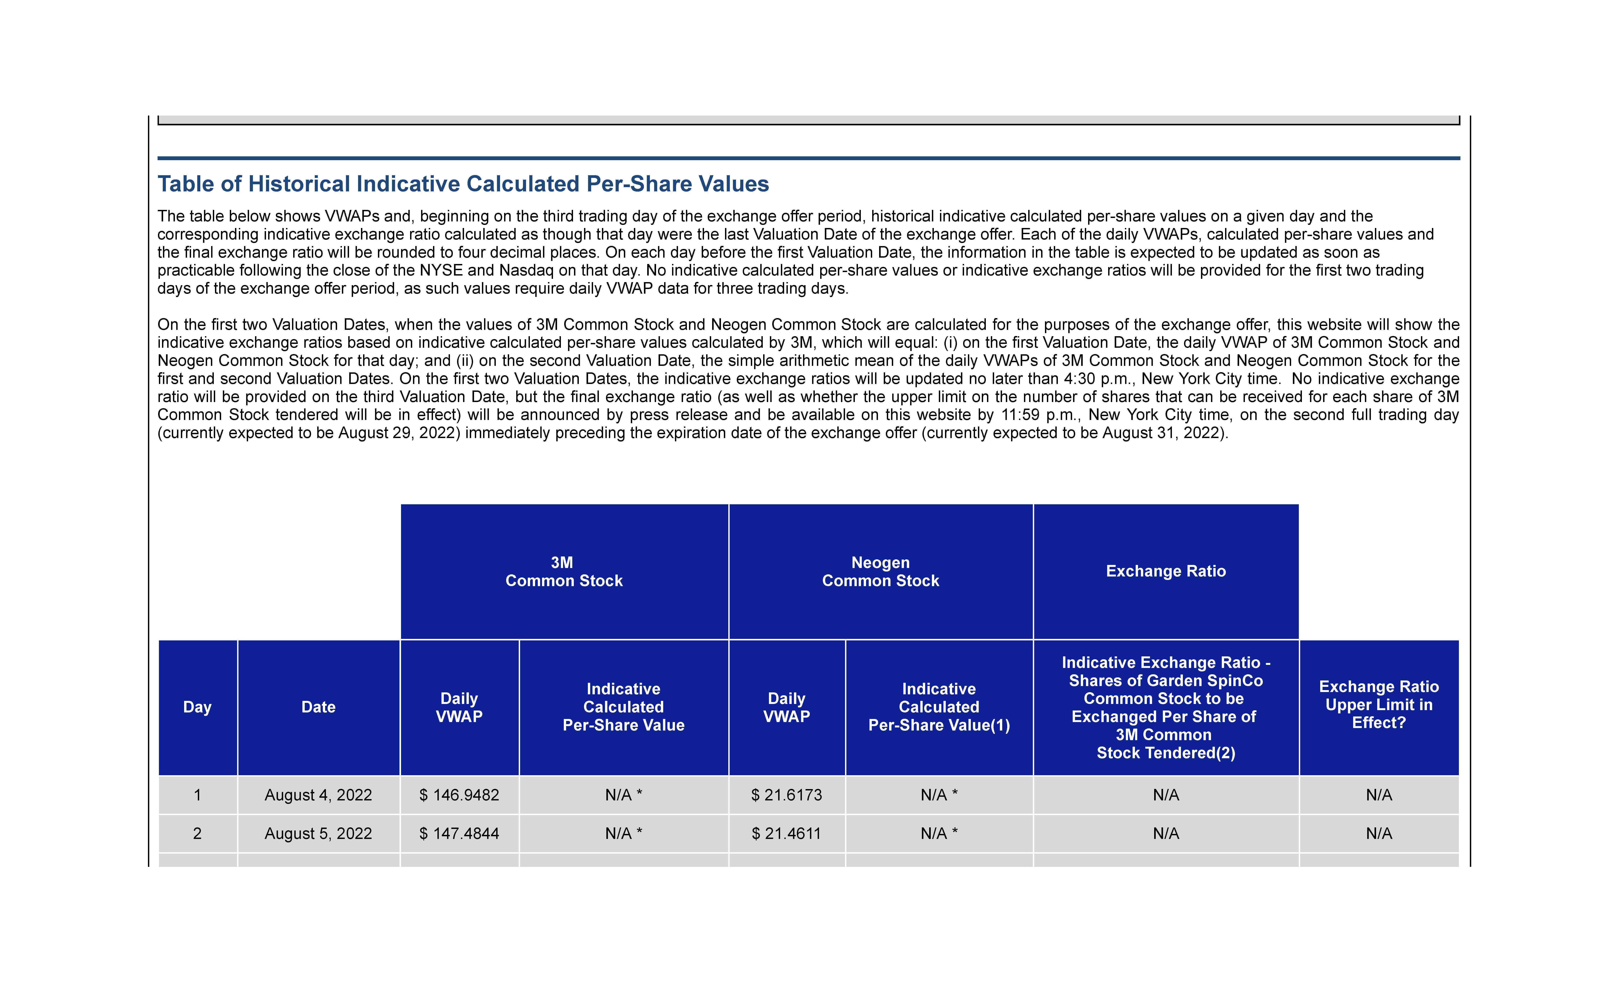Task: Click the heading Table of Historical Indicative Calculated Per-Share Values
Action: tap(463, 184)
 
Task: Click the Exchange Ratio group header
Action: tap(1166, 571)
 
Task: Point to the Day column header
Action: tap(197, 707)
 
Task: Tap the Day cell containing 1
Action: tap(197, 795)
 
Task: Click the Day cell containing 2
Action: tap(197, 834)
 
